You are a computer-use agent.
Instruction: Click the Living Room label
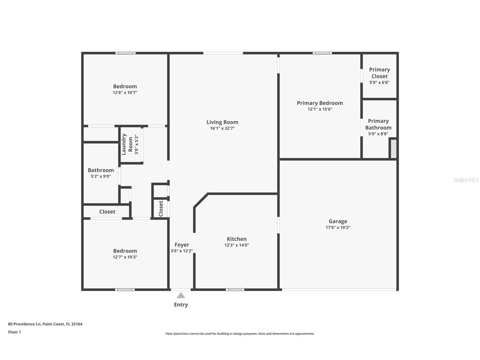coord(222,122)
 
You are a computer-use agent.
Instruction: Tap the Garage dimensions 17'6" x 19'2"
coord(338,228)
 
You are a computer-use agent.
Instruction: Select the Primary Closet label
coord(379,73)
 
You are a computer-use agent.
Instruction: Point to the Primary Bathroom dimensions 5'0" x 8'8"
coord(378,134)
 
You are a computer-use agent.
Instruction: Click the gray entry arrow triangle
coord(181,296)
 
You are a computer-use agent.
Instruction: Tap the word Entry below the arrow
coord(181,305)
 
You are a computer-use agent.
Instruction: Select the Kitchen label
coord(236,239)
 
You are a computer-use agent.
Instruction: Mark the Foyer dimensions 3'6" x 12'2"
coord(182,251)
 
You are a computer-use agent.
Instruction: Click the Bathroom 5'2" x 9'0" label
coord(101,170)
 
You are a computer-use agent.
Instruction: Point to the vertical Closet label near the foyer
coord(161,209)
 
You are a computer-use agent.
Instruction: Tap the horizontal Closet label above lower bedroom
coord(107,212)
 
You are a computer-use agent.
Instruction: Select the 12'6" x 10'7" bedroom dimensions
coord(125,93)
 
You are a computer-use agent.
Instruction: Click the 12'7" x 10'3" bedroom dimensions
coord(125,257)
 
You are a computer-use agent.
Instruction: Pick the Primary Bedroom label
coord(320,103)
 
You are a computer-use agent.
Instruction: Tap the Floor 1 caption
coord(14,332)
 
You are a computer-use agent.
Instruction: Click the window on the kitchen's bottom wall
coord(235,290)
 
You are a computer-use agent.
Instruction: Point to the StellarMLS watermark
coord(466,180)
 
